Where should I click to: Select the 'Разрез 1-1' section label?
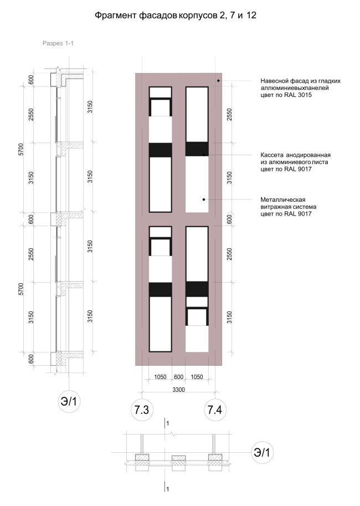tap(58, 43)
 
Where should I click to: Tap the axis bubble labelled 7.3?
tap(142, 410)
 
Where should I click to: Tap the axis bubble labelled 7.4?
tap(215, 410)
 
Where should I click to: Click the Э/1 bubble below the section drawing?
tap(69, 401)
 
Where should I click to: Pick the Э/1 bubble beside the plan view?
tap(262, 452)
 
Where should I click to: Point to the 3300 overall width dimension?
tap(178, 390)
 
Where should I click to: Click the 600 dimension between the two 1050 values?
tap(178, 377)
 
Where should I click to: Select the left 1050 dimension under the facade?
tap(160, 377)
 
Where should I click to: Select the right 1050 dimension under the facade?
tap(197, 377)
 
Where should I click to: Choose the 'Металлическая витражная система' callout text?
tap(289, 203)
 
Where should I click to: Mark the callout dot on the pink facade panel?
tap(218, 81)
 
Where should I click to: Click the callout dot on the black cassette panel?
tap(204, 155)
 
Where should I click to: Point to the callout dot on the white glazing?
tap(204, 200)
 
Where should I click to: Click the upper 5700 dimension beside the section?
tap(21, 150)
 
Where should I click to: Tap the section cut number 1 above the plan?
tap(167, 423)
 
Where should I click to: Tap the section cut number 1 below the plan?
tap(167, 489)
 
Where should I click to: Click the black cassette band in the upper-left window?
tap(160, 150)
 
